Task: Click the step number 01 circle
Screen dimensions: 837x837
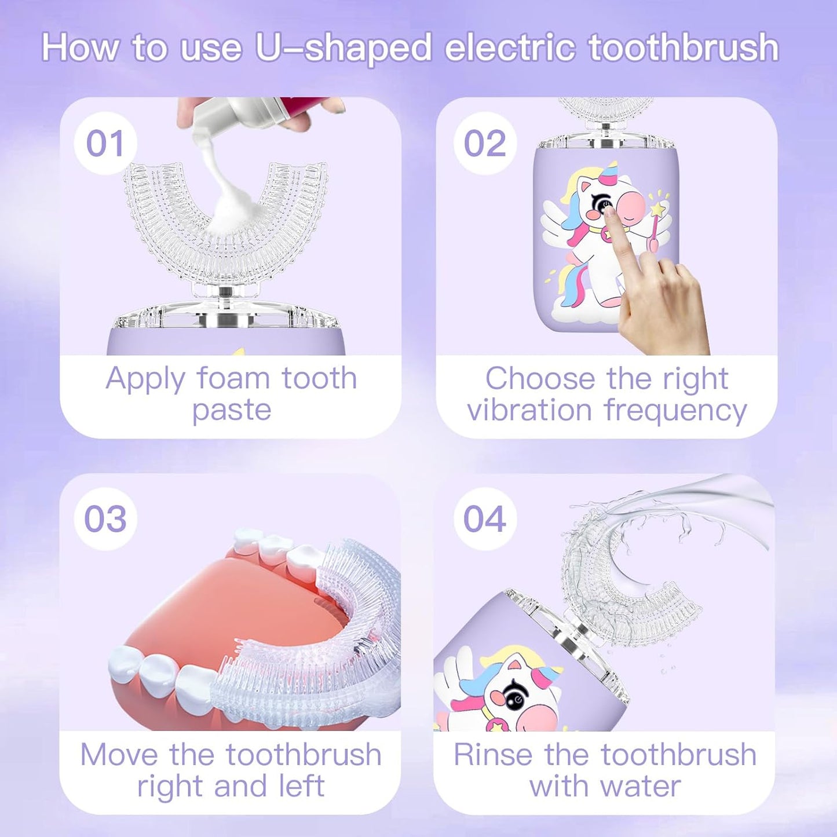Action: (x=105, y=143)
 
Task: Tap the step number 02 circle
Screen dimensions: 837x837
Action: (x=485, y=143)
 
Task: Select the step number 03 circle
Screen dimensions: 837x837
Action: (x=105, y=518)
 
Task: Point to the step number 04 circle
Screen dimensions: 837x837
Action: (x=484, y=518)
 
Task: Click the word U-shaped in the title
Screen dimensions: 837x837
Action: (x=343, y=47)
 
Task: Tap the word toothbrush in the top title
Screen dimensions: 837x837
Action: (x=684, y=47)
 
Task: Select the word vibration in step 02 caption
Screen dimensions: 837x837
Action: (x=529, y=410)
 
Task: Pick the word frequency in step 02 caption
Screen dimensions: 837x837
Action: (x=675, y=411)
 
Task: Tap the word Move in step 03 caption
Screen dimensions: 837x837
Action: (x=119, y=755)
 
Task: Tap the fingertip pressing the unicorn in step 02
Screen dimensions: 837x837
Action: (x=610, y=213)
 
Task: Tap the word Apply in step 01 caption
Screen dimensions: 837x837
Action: (x=145, y=380)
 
